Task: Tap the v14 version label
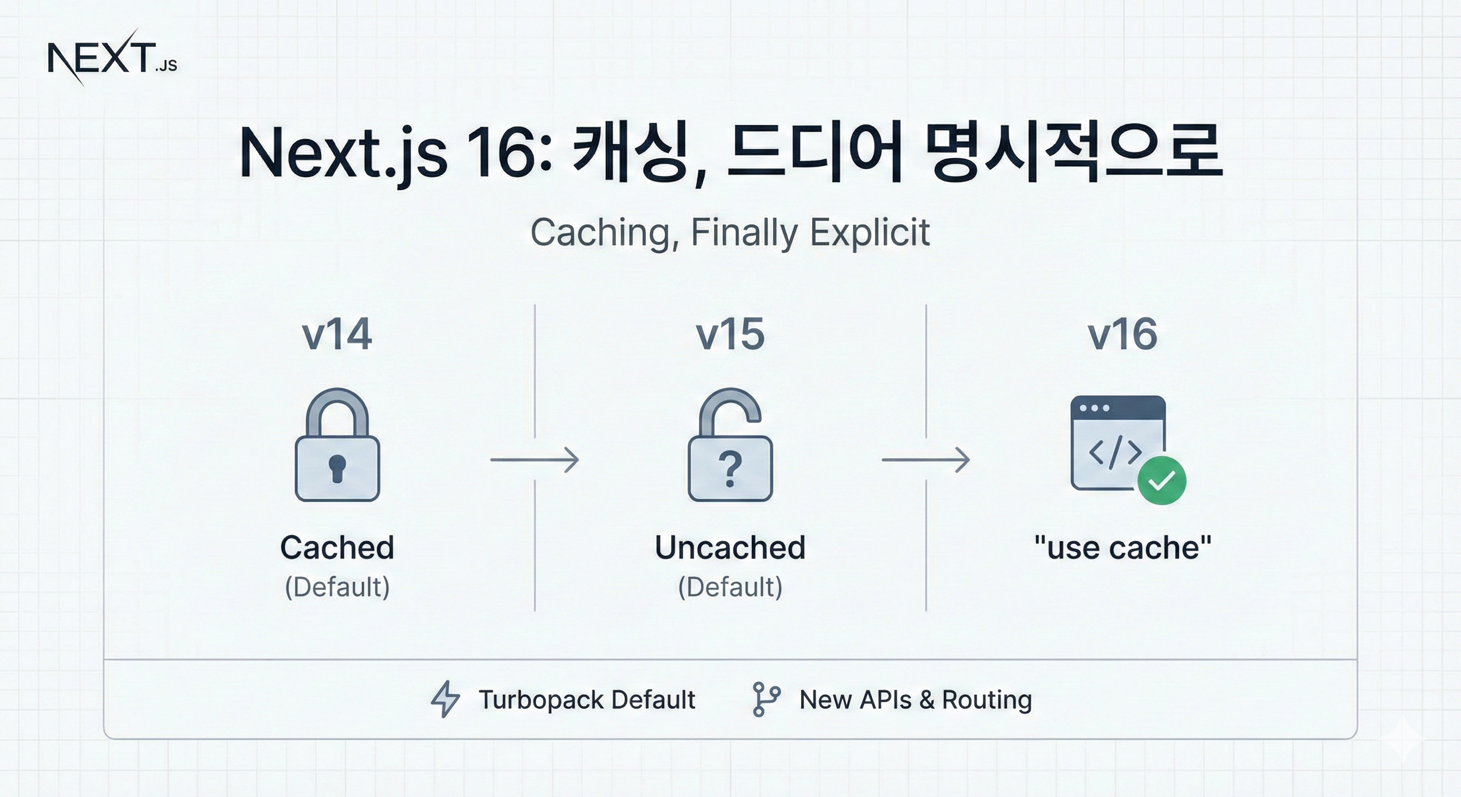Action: [x=337, y=334]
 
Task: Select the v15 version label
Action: [x=730, y=334]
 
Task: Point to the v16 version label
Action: [x=1122, y=334]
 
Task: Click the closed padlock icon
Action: [x=337, y=445]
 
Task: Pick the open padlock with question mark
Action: [x=730, y=445]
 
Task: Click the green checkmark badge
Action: [x=1162, y=480]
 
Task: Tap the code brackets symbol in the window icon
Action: [x=1115, y=452]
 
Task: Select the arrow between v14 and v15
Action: [x=534, y=460]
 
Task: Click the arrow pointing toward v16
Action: [x=926, y=460]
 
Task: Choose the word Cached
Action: [x=337, y=547]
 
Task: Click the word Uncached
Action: [x=730, y=547]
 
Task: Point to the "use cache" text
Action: [x=1122, y=548]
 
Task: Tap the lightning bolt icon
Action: [x=445, y=699]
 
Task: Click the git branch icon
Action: [x=766, y=699]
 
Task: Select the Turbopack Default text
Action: [x=586, y=699]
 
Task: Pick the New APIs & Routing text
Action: [x=915, y=699]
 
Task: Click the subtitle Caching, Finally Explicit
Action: [x=730, y=232]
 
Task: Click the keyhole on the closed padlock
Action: [x=337, y=468]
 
